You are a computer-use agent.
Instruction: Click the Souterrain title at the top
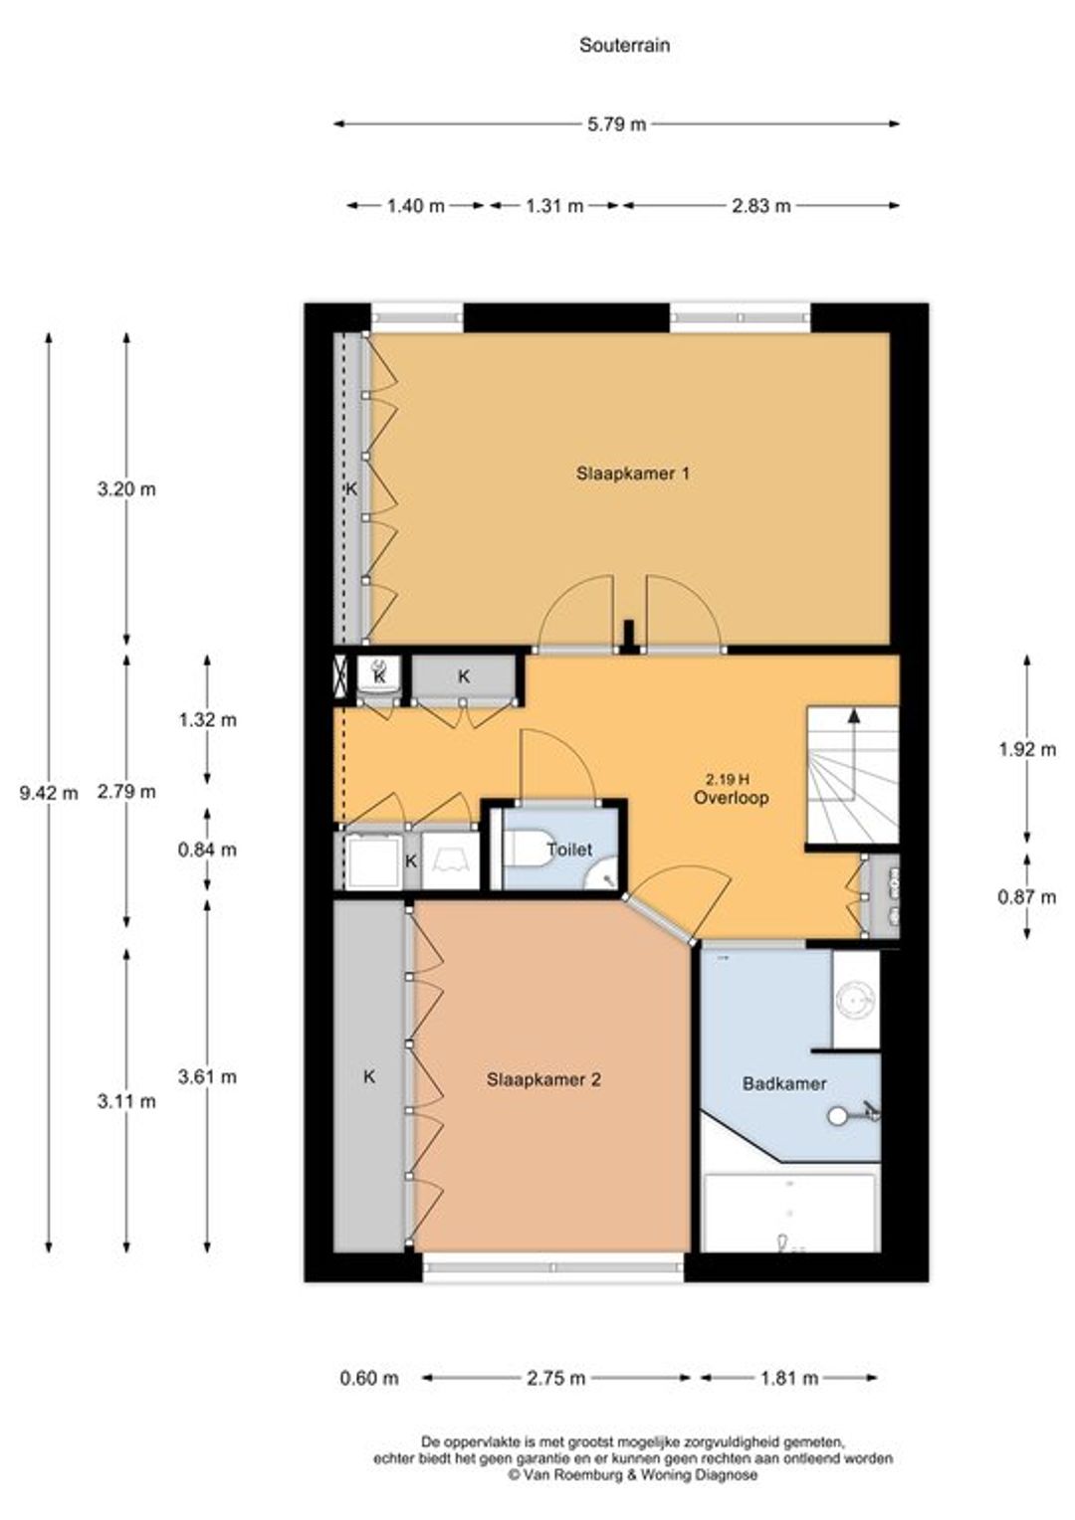pos(624,46)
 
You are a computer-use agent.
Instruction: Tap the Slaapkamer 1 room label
pos(633,473)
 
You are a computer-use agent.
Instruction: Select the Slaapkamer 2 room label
pos(543,1079)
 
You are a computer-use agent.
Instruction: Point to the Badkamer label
pos(784,1083)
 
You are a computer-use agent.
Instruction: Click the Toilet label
pos(569,849)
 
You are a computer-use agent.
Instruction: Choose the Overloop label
pos(731,798)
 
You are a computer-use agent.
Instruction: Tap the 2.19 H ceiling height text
pos(731,779)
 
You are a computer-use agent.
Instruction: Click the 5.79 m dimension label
pos(616,124)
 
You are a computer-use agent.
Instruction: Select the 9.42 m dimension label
pos(49,793)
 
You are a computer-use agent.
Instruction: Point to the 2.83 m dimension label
pos(760,206)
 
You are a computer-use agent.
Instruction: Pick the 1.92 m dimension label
pos(1027,750)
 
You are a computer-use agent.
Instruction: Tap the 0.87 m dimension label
pos(1027,897)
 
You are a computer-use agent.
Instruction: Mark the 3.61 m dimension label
pos(208,1076)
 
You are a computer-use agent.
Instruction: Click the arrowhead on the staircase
pos(854,714)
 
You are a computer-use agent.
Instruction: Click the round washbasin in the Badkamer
pos(856,999)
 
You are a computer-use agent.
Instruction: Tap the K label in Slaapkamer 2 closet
pos(369,1076)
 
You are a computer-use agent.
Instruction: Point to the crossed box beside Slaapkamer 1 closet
pos(339,677)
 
